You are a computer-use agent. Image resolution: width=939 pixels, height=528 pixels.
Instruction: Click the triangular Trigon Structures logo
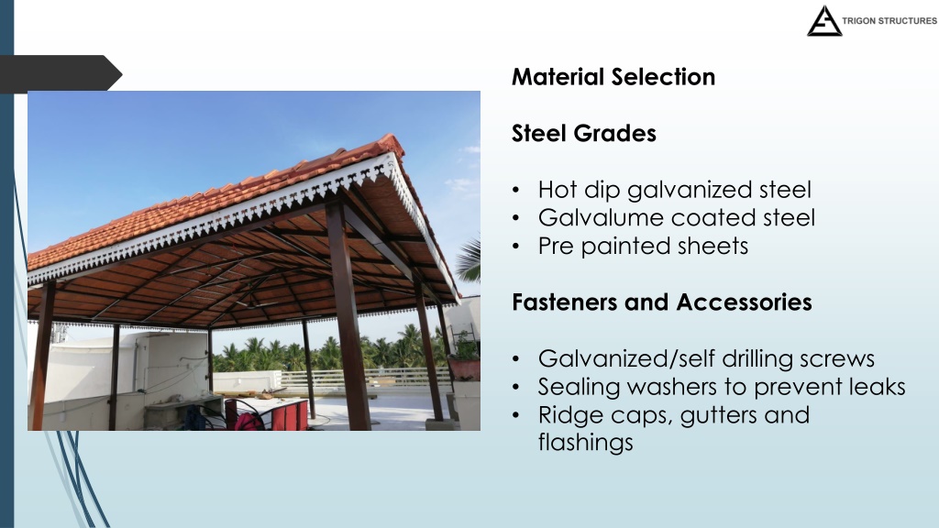[824, 21]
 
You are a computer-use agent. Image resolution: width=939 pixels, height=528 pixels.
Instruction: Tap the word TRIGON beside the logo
[858, 21]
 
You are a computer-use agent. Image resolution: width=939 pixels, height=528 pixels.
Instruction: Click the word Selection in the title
[664, 77]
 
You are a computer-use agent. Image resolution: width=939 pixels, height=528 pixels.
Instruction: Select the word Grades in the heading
[615, 133]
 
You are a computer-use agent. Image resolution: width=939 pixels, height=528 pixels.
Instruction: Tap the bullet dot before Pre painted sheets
[516, 247]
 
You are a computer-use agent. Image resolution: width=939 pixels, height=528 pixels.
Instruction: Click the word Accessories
[745, 302]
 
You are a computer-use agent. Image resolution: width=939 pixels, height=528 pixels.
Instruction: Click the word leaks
[876, 387]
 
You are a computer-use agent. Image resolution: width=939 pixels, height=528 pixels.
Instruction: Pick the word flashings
[585, 443]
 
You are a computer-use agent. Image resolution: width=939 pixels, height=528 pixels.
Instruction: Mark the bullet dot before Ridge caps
[516, 415]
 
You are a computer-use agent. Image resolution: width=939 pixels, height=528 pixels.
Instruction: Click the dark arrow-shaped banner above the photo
[61, 73]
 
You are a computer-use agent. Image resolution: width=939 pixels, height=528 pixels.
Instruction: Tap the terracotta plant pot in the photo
[464, 368]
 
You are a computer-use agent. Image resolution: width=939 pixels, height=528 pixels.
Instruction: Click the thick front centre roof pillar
[348, 316]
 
